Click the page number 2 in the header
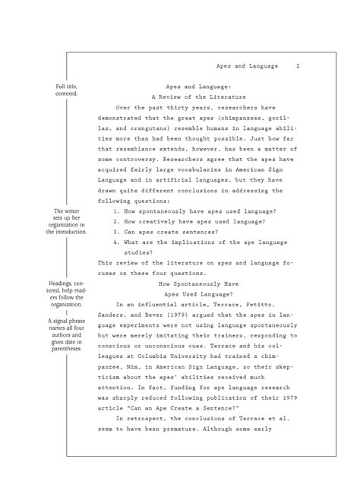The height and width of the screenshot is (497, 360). [298, 66]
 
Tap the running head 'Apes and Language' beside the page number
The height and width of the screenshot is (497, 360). [247, 66]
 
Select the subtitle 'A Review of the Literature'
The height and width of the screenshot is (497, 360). [195, 97]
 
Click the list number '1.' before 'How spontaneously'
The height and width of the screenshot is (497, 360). [116, 211]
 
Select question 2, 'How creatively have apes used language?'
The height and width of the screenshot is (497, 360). [195, 221]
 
